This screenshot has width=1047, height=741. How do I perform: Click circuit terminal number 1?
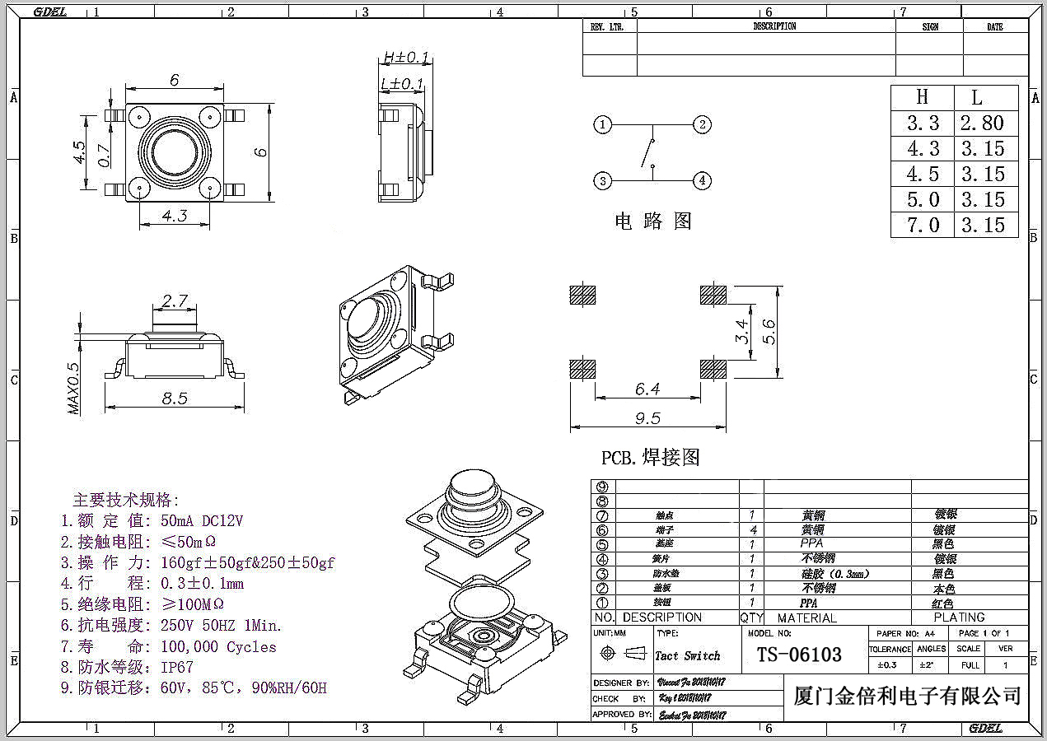tap(604, 125)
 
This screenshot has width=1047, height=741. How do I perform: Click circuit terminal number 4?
tap(702, 180)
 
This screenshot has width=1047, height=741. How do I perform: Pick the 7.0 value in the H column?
tap(923, 225)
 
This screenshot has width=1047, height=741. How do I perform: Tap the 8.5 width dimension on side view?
tap(175, 398)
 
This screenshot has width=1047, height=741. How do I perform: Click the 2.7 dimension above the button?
tap(174, 301)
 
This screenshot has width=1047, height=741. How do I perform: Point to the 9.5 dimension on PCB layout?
tap(647, 418)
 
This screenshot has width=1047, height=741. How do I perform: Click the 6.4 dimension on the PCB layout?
tap(647, 389)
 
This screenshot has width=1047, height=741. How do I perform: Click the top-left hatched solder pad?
tap(582, 295)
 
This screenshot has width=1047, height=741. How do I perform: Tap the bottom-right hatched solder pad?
tap(713, 368)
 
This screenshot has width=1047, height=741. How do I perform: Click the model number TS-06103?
tap(799, 655)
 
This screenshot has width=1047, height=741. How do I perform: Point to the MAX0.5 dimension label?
tap(74, 388)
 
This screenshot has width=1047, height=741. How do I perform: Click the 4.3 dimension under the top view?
tap(175, 217)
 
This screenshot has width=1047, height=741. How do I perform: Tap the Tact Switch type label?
tap(687, 656)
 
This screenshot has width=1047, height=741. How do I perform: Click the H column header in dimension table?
tap(923, 97)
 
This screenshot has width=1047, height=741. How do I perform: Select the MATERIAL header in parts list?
tap(806, 617)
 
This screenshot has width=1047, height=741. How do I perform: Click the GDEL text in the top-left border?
tap(49, 12)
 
